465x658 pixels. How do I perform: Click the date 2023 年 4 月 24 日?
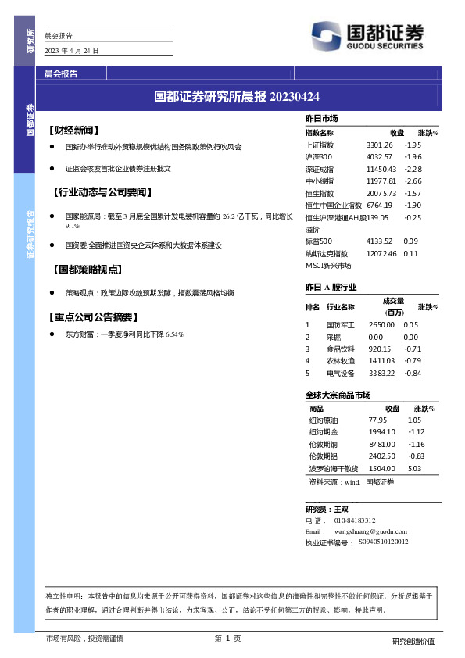pyautogui.click(x=72, y=51)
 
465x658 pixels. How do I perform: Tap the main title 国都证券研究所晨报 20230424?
pyautogui.click(x=237, y=97)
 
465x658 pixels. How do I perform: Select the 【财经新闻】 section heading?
pyautogui.click(x=77, y=129)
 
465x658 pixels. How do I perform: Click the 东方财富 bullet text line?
pyautogui.click(x=124, y=334)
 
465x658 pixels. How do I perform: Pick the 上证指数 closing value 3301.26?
pyautogui.click(x=379, y=145)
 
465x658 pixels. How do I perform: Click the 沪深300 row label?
pyautogui.click(x=320, y=157)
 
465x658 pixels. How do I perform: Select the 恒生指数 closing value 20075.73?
pyautogui.click(x=381, y=193)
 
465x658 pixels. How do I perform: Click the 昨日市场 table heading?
pyautogui.click(x=321, y=118)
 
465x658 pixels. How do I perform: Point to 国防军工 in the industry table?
pyautogui.click(x=340, y=324)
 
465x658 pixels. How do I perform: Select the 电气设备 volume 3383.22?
pyautogui.click(x=381, y=373)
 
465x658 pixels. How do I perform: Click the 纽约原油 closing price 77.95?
pyautogui.click(x=377, y=420)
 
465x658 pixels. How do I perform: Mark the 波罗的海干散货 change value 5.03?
pyautogui.click(x=414, y=468)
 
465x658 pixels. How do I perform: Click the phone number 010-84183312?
pyautogui.click(x=355, y=520)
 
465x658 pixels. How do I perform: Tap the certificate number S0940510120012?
pyautogui.click(x=383, y=542)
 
